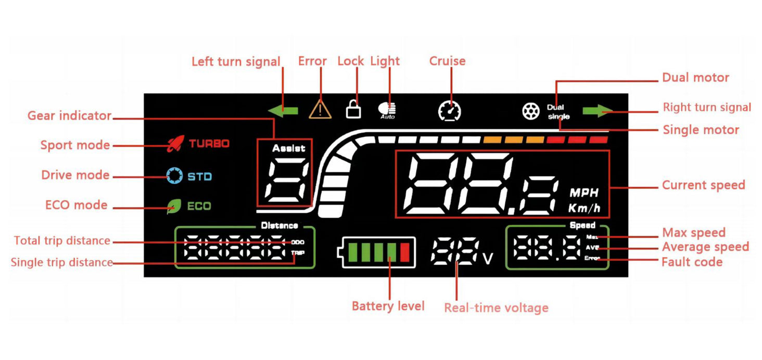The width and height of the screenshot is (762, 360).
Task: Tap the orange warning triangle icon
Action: (x=320, y=109)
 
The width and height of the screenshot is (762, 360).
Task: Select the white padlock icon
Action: (x=353, y=109)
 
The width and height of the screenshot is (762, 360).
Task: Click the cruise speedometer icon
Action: (x=449, y=110)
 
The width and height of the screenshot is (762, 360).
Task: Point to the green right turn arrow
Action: (x=596, y=110)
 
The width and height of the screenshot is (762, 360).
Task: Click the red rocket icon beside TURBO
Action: (x=175, y=143)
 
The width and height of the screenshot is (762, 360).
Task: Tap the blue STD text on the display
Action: (x=200, y=176)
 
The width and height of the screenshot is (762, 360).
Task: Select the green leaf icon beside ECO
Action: (x=173, y=207)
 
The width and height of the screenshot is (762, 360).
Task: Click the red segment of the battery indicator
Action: (x=405, y=252)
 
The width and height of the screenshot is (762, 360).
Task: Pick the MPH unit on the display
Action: (x=584, y=193)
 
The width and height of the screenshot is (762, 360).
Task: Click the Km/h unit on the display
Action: (x=585, y=209)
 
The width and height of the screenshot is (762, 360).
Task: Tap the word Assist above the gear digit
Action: (x=289, y=148)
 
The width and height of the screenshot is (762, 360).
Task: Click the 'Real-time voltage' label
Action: (x=496, y=308)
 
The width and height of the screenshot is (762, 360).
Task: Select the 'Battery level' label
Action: (x=388, y=306)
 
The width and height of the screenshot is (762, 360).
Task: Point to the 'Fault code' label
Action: (x=692, y=262)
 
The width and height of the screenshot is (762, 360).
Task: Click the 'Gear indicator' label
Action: (x=69, y=115)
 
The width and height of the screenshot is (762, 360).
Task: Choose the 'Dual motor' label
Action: (x=695, y=78)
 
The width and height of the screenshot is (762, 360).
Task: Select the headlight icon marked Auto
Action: (x=387, y=110)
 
